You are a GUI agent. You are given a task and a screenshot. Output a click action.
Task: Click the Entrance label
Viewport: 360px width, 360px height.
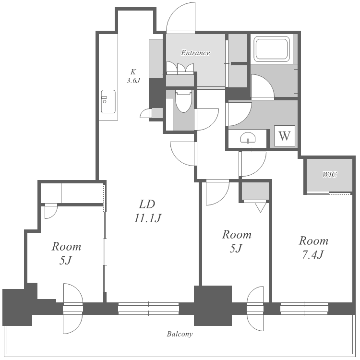coord(195,53)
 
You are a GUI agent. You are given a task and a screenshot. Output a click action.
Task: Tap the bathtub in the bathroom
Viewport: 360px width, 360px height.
coord(272,49)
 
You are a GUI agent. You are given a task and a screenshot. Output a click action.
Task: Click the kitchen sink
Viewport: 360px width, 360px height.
coord(108,101)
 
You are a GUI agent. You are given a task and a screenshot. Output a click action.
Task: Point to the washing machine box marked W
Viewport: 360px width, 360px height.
coord(285,136)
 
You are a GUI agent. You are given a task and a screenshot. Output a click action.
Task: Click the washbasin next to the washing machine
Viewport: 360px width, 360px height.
coord(248,138)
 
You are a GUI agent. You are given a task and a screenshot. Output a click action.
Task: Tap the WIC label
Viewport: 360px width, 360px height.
coord(329,175)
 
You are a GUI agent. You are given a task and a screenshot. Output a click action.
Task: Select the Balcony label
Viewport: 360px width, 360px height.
coord(180,334)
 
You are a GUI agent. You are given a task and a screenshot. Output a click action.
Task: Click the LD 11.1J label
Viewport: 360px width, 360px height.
coord(148,211)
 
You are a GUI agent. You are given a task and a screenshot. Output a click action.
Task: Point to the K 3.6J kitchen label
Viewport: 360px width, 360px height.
coord(133,76)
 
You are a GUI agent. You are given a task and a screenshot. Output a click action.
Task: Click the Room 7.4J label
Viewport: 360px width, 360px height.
coord(313,248)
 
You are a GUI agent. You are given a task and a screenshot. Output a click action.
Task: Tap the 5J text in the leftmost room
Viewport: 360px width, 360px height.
coord(66,261)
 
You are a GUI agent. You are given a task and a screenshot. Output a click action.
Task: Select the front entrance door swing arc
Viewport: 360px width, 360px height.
coord(180,16)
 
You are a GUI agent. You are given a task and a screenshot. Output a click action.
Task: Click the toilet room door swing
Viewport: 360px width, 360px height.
coord(206,120)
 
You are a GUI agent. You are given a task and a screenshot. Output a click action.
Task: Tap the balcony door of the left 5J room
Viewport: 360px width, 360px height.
coord(73,309)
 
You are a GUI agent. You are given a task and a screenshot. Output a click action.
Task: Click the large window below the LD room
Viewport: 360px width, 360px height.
coord(148,308)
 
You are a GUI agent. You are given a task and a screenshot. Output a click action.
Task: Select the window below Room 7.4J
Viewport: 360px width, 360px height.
coord(304,308)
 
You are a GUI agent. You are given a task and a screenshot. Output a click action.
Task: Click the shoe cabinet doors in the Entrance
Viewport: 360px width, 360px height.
coord(180,67)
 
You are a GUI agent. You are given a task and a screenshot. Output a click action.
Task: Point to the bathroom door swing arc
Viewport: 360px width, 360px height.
coord(263,86)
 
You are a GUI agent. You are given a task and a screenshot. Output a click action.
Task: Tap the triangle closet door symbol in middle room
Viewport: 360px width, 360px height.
coord(261,207)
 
